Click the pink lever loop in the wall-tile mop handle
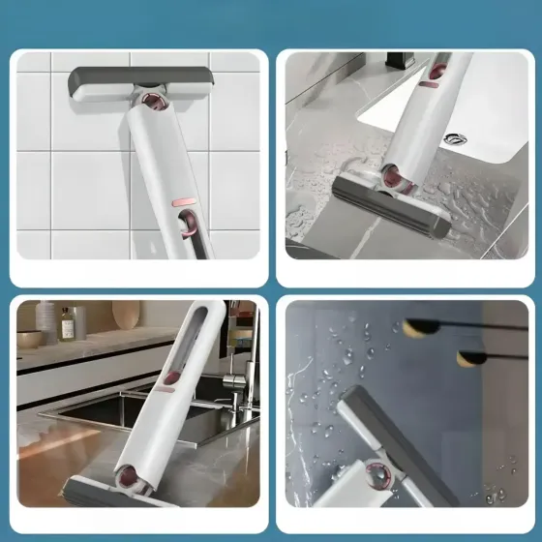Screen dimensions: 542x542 [188, 228]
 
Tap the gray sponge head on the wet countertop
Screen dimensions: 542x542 [391, 204]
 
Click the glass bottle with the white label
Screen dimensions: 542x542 [65, 323]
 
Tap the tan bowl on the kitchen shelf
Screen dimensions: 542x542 [30, 338]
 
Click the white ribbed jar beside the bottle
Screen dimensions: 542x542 [46, 321]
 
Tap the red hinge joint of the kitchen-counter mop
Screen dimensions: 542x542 [126, 475]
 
